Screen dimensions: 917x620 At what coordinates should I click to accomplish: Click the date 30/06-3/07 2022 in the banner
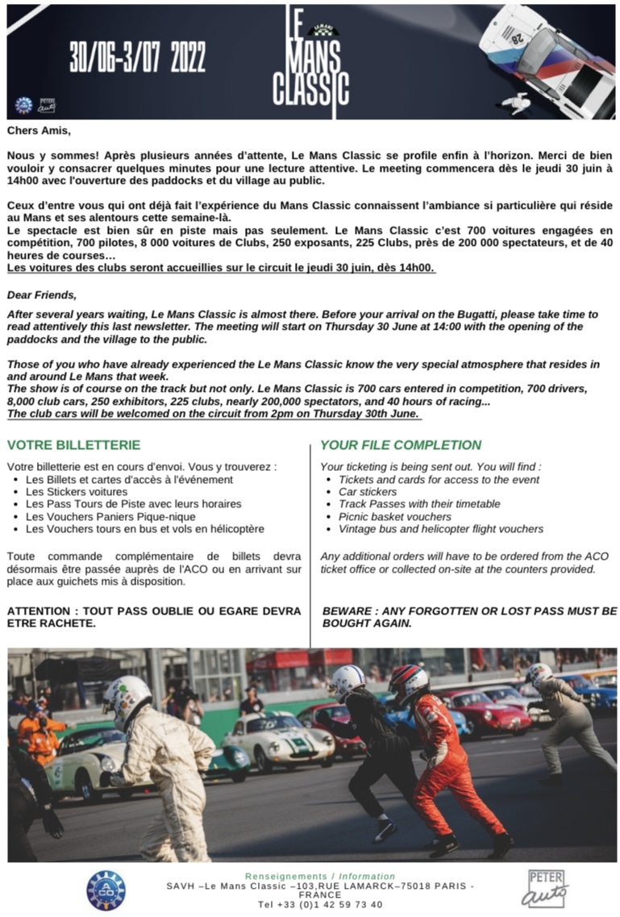click(137, 57)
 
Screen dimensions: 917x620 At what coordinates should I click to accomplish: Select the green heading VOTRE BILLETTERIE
click(73, 445)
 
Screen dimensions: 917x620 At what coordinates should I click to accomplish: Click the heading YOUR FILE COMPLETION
click(401, 445)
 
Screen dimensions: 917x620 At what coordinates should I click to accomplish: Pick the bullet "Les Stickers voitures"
click(77, 491)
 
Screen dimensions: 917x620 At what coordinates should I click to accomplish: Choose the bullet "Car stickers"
click(368, 491)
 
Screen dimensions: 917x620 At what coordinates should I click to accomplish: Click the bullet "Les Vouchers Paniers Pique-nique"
click(110, 516)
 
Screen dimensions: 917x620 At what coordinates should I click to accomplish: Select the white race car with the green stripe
click(278, 737)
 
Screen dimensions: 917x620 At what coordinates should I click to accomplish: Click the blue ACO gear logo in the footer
click(106, 890)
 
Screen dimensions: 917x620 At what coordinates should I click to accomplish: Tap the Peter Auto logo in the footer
click(545, 888)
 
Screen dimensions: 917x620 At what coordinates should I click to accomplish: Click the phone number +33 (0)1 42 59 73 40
click(320, 905)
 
